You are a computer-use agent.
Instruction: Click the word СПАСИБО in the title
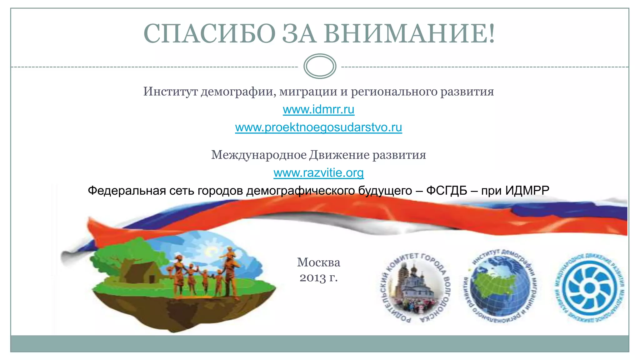point(209,34)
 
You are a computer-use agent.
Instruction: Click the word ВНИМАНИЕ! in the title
point(409,34)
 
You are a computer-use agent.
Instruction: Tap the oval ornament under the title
point(320,66)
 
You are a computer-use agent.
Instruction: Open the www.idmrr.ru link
point(318,109)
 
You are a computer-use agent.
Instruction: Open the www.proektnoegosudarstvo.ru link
point(318,127)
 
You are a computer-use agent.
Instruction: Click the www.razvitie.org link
point(318,173)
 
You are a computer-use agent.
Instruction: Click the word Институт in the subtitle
point(171,92)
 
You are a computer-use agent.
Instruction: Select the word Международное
point(259,155)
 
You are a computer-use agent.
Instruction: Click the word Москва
point(318,262)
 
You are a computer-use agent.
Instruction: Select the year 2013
point(312,277)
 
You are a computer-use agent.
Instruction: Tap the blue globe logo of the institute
point(500,286)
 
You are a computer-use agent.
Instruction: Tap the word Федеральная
point(127,191)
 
